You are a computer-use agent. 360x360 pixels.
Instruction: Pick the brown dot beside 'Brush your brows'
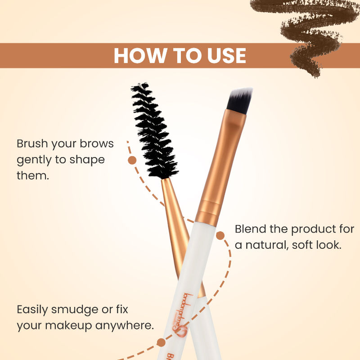132,160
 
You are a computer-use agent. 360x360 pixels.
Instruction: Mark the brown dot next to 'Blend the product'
220,235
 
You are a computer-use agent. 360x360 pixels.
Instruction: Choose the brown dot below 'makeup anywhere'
161,343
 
